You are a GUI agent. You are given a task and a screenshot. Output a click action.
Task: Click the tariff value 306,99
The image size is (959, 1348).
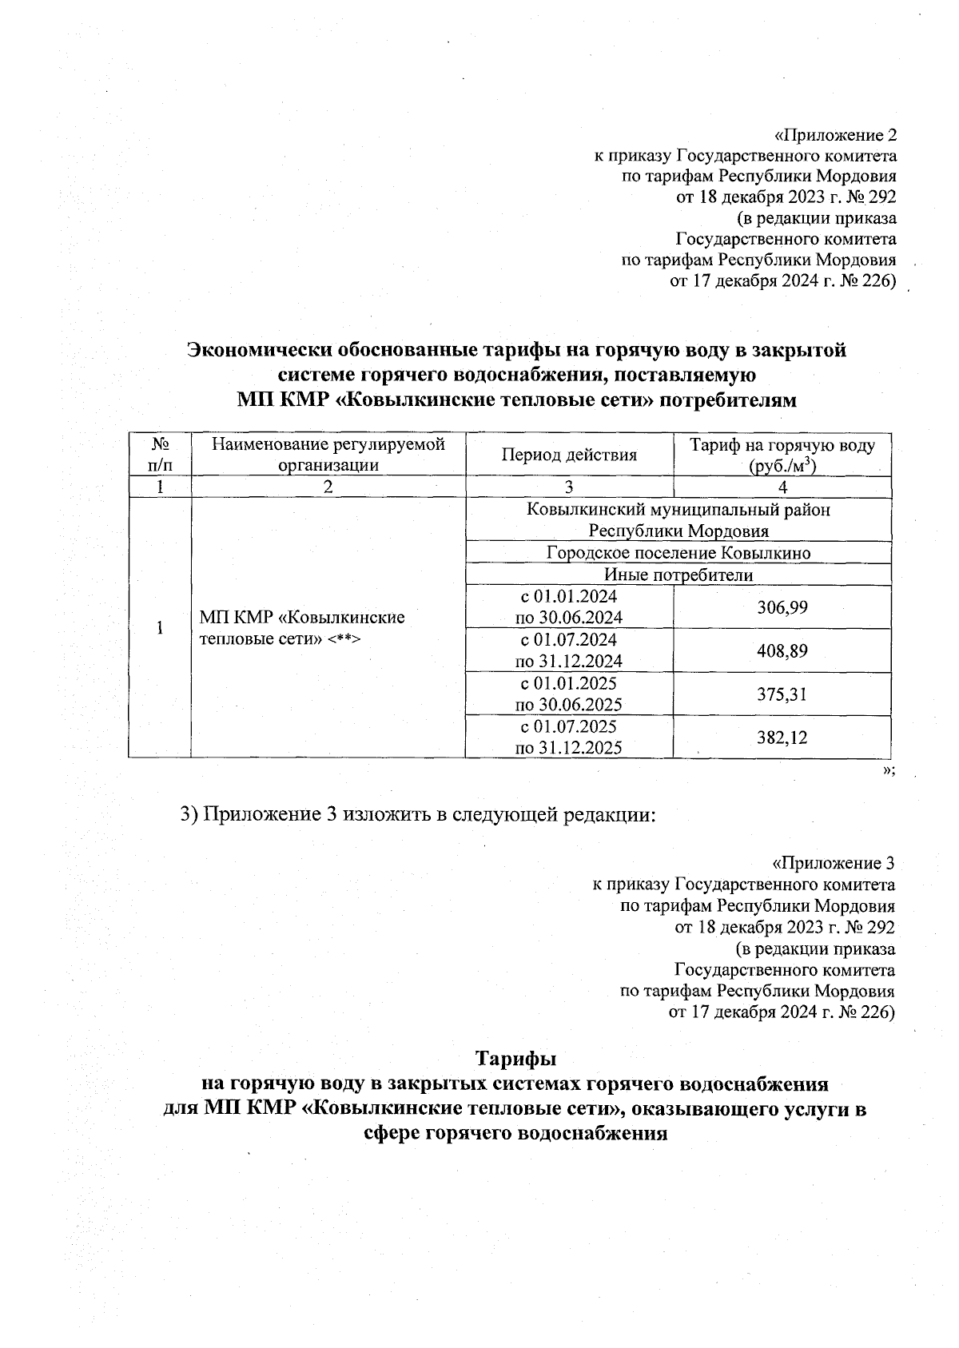point(782,608)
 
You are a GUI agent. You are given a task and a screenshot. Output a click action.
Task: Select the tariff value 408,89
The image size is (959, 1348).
point(782,651)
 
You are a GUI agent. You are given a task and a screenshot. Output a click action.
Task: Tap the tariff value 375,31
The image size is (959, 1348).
point(782,694)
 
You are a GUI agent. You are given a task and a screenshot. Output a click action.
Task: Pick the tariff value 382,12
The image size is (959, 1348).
point(782,738)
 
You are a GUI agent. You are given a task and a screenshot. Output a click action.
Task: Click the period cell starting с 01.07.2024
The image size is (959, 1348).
point(568,650)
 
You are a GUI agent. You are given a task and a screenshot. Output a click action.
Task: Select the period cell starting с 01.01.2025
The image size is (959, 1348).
point(568,694)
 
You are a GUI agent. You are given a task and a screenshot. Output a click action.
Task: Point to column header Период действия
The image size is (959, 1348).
point(569,455)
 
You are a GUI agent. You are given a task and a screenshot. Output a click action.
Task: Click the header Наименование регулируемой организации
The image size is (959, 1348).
point(328,455)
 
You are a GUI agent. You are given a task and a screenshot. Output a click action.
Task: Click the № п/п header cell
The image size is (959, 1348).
point(159,455)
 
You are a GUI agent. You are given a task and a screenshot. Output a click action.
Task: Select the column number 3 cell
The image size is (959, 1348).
point(569,487)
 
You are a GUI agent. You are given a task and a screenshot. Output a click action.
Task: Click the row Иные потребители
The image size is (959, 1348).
point(678,575)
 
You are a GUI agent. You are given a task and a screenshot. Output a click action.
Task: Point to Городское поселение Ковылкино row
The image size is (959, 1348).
point(678,553)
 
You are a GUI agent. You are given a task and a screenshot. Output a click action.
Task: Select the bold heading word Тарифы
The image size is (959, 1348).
point(515,1059)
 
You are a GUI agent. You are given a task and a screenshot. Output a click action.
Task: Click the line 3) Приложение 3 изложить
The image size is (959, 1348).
point(416,814)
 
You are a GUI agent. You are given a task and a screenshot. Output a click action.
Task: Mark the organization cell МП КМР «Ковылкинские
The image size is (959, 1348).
point(301,627)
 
